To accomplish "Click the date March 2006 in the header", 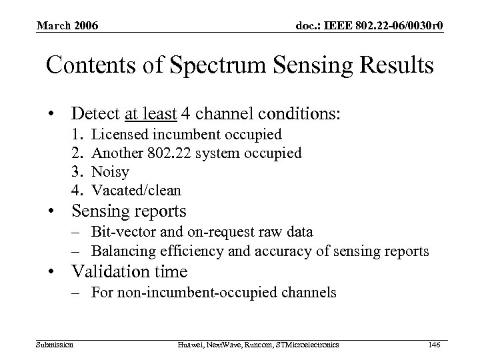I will (67, 26).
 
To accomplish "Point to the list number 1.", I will (76, 135).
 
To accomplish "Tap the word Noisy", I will (110, 172).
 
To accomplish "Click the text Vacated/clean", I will (136, 191).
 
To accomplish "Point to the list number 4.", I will (76, 191).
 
